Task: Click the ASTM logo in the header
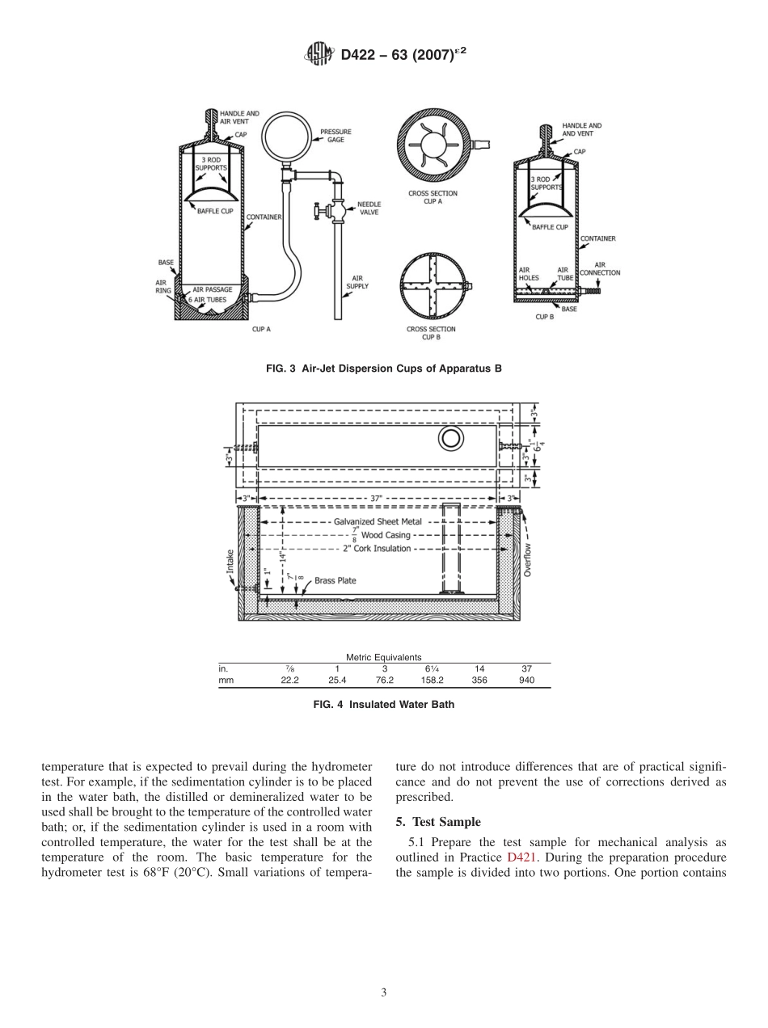click(x=320, y=55)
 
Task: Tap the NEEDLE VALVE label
click(x=369, y=208)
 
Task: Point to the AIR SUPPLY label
click(x=357, y=282)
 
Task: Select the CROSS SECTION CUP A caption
click(x=433, y=197)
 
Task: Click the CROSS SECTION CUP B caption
click(x=431, y=333)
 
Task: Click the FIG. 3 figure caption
click(x=383, y=369)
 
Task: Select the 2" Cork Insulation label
click(x=378, y=549)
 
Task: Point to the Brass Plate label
click(x=335, y=580)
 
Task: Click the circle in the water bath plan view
click(x=450, y=438)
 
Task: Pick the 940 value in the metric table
click(x=526, y=680)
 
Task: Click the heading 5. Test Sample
click(x=438, y=822)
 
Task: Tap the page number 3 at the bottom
click(x=384, y=992)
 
